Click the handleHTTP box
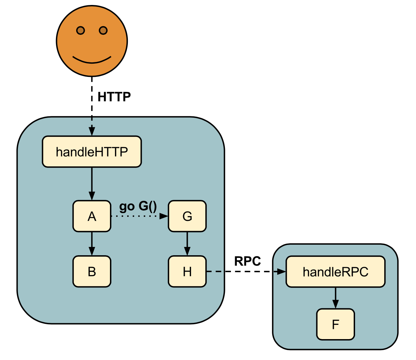tap(92, 152)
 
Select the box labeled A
tap(92, 216)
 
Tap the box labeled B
tap(92, 271)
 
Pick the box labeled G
tap(187, 216)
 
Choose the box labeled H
tap(187, 271)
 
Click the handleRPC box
tap(335, 272)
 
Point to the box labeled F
tap(335, 324)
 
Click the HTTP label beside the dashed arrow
tap(114, 97)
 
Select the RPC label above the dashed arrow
tap(247, 261)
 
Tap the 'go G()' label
tap(138, 206)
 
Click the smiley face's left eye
tap(80, 30)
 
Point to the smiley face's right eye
tap(103, 30)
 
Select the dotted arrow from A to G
tap(139, 216)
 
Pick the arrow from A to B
tap(92, 243)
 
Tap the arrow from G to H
tap(187, 243)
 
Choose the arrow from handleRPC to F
tap(335, 298)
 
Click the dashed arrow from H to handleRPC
tap(245, 271)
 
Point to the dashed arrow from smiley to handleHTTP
tap(92, 106)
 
